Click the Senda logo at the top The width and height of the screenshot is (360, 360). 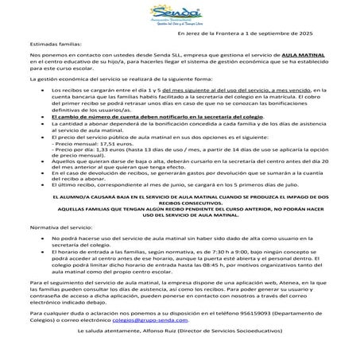[x=180, y=15]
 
